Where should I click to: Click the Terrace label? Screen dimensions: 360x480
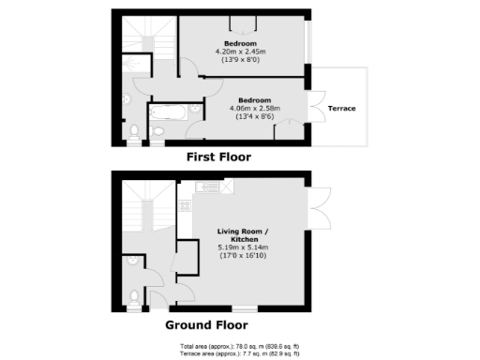(x=341, y=108)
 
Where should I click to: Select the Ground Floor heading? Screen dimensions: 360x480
(x=206, y=325)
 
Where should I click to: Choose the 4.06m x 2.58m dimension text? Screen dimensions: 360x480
(x=256, y=108)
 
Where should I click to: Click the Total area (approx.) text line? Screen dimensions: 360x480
(x=239, y=347)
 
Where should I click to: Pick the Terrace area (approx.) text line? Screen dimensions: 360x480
(x=239, y=354)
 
